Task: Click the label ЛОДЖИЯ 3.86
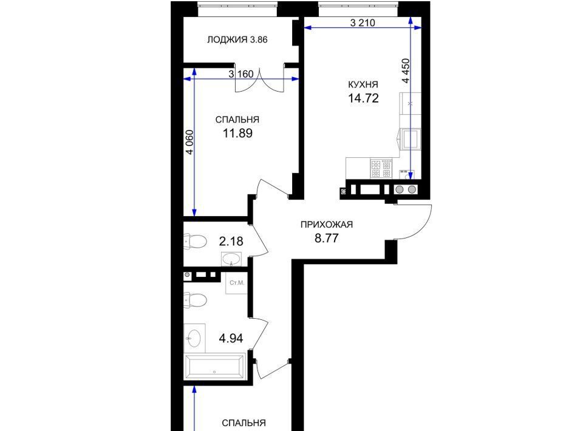pos(237,39)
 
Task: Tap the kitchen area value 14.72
pos(363,98)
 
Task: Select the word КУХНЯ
pos(363,84)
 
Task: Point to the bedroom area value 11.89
pos(237,133)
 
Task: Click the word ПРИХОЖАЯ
pos(327,225)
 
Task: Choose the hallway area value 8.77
pos(327,238)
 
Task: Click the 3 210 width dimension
pos(363,23)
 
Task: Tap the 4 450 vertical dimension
pos(406,71)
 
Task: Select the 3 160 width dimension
pos(241,74)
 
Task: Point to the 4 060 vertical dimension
pos(189,142)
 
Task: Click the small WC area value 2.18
pos(231,242)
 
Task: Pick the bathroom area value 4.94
pos(231,338)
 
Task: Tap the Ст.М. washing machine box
pos(236,283)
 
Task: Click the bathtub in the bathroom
pos(215,367)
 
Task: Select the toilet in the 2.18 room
pos(195,242)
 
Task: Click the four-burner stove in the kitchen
pos(381,168)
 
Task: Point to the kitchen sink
pos(410,138)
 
